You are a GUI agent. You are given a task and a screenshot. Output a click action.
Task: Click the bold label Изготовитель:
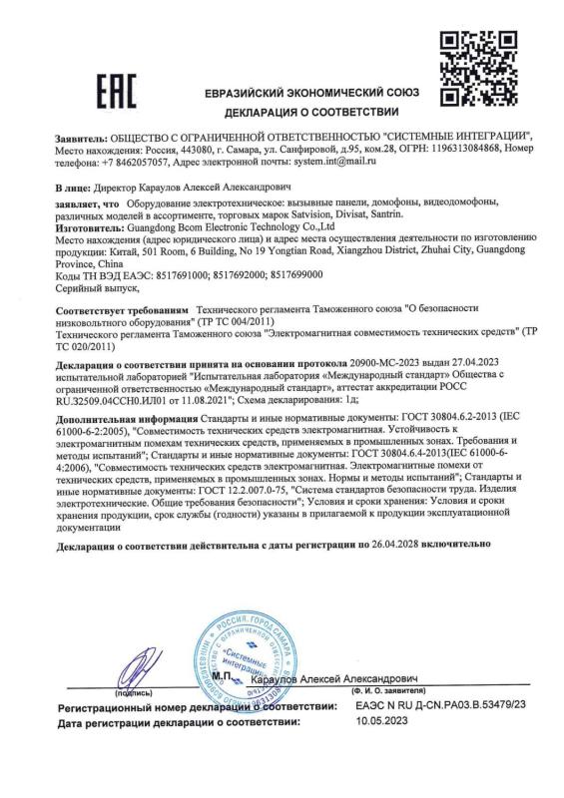click(x=93, y=228)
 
